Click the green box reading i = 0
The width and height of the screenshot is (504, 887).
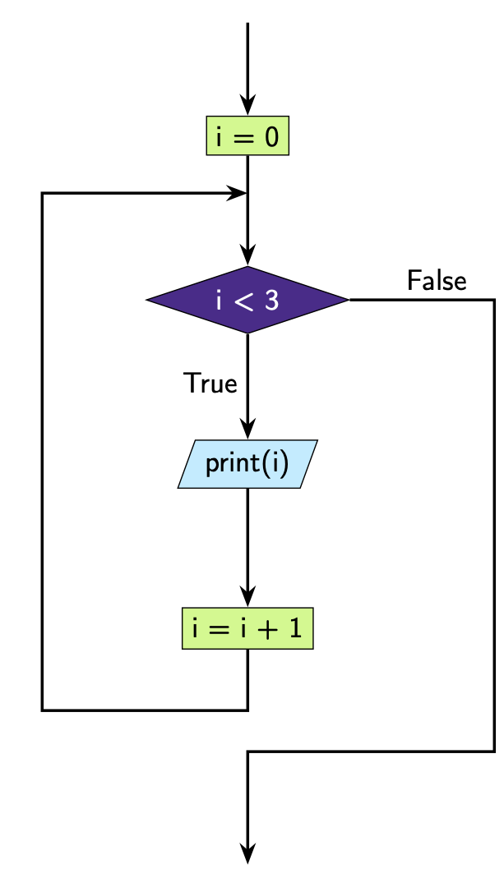[x=247, y=136]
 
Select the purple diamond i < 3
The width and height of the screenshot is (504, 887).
[x=247, y=300]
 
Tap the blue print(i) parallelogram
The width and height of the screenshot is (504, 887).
[x=247, y=464]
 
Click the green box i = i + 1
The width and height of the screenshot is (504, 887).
[x=247, y=628]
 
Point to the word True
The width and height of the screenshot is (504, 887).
[x=210, y=384]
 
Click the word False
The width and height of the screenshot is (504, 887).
[x=437, y=282]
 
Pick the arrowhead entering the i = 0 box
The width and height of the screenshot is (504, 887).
[x=247, y=105]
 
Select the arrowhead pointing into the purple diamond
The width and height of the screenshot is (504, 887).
[x=247, y=255]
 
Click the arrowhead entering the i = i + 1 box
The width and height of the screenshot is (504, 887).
[x=247, y=597]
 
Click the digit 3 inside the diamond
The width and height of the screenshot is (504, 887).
[x=271, y=301]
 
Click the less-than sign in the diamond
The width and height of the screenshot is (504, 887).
[x=245, y=301]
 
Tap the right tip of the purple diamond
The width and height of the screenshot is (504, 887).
[x=349, y=300]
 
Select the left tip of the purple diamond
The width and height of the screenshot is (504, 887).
[x=147, y=300]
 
